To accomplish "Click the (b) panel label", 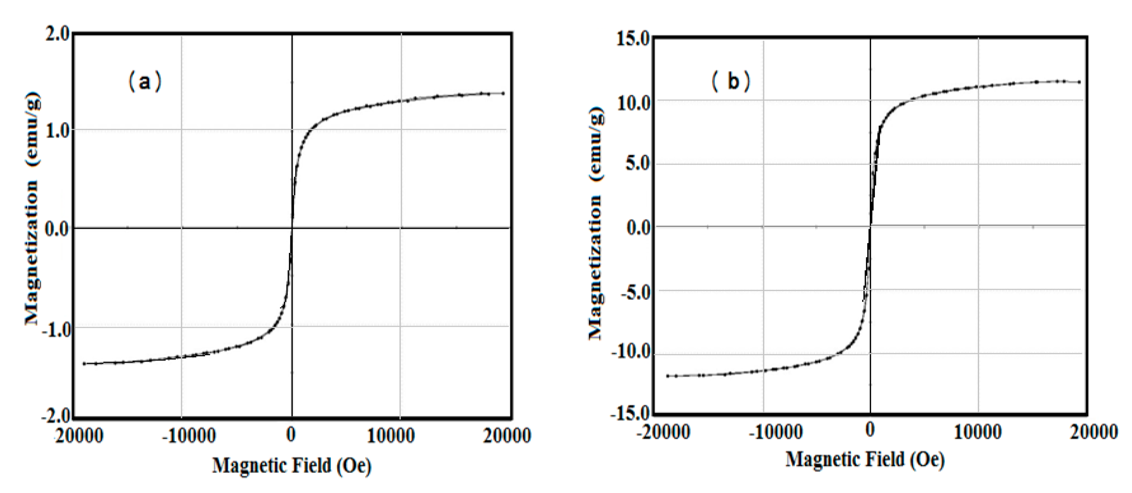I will pyautogui.click(x=731, y=82).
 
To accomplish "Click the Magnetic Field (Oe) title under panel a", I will pyautogui.click(x=292, y=466).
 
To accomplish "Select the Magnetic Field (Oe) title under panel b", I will pyautogui.click(x=865, y=460).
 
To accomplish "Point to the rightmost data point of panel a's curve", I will pyautogui.click(x=503, y=93).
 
